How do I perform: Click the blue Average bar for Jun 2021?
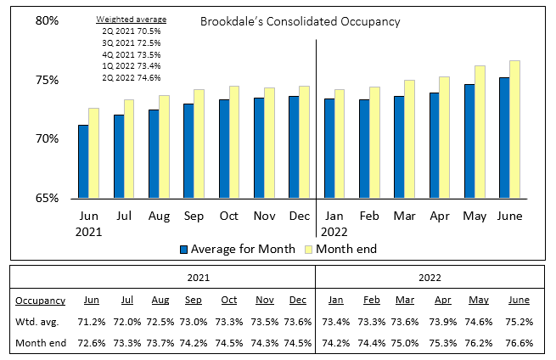83,161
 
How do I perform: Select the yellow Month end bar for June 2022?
514,129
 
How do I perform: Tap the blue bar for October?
224,149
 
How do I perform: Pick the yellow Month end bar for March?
409,139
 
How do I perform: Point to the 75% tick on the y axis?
47,80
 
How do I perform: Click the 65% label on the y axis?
47,198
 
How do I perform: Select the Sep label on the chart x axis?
194,216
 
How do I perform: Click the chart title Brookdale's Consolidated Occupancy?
300,21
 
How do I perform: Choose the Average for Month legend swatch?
183,250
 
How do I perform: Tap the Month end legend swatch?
308,250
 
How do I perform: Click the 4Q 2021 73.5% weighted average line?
132,54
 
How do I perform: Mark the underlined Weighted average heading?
132,20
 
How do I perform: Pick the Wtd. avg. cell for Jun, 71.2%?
92,322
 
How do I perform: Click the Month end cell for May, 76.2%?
479,343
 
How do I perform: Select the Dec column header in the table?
297,300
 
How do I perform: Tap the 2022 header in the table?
430,278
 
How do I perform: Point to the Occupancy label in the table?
41,301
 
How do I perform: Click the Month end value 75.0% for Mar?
405,343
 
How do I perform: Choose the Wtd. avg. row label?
37,322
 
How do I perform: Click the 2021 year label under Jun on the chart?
88,232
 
